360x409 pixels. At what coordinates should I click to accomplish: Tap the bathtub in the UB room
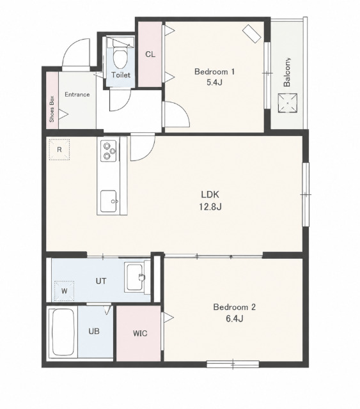tap(63, 332)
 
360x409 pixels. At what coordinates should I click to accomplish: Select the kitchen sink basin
tap(109, 201)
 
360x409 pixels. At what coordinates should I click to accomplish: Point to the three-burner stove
tap(109, 151)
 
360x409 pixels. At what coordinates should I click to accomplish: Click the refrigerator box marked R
tap(59, 150)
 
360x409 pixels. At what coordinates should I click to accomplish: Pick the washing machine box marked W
tap(64, 291)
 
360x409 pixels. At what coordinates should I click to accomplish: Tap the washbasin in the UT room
tap(135, 277)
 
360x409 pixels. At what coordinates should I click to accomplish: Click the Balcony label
tap(287, 72)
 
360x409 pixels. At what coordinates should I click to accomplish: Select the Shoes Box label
tap(52, 109)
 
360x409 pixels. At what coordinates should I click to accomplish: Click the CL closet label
tap(150, 54)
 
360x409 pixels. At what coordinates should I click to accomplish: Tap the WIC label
tap(140, 334)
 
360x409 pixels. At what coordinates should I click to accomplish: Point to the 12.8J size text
tap(210, 207)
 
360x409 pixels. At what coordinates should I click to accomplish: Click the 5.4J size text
tap(214, 82)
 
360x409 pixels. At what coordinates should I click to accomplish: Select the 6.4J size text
tap(235, 318)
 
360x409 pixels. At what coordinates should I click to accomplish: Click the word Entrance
tap(77, 95)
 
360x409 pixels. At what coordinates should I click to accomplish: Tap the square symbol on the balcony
tap(288, 103)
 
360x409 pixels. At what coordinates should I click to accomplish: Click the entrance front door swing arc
tap(70, 46)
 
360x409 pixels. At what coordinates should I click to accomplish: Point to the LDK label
tap(210, 194)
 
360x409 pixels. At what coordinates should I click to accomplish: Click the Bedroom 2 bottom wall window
tap(233, 364)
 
